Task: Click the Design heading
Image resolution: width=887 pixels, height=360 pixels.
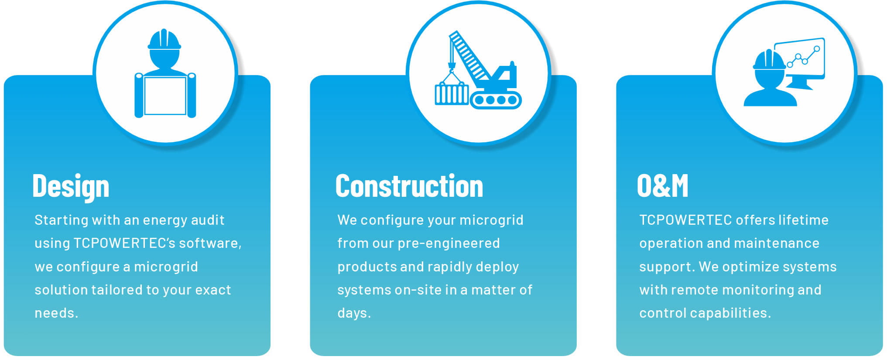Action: [71, 186]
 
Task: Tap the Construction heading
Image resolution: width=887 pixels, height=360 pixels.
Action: [409, 186]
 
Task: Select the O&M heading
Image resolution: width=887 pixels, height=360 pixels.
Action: [662, 186]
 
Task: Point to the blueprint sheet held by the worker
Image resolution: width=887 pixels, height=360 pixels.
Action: [165, 96]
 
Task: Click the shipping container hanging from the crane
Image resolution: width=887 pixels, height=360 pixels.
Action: [452, 94]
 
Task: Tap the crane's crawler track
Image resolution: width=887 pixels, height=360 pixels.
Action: [496, 100]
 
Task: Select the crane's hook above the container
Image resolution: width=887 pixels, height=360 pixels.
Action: [452, 66]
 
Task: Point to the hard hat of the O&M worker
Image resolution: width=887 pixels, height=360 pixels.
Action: [769, 60]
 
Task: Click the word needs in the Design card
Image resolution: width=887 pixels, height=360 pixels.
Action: [55, 313]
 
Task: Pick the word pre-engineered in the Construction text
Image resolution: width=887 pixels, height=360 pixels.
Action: [449, 243]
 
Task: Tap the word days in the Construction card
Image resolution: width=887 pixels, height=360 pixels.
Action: [352, 313]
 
